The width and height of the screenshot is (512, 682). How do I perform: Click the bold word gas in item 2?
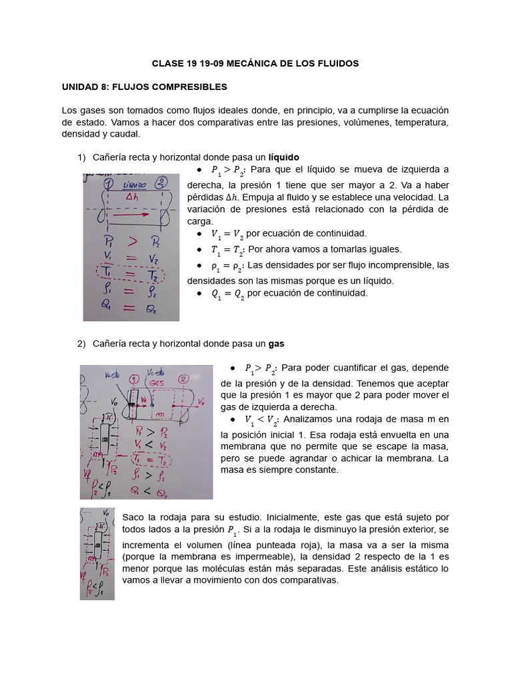click(x=276, y=344)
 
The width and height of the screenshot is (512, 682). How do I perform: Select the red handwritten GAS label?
click(x=157, y=384)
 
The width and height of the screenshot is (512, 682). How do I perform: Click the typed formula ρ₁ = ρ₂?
click(x=225, y=266)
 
